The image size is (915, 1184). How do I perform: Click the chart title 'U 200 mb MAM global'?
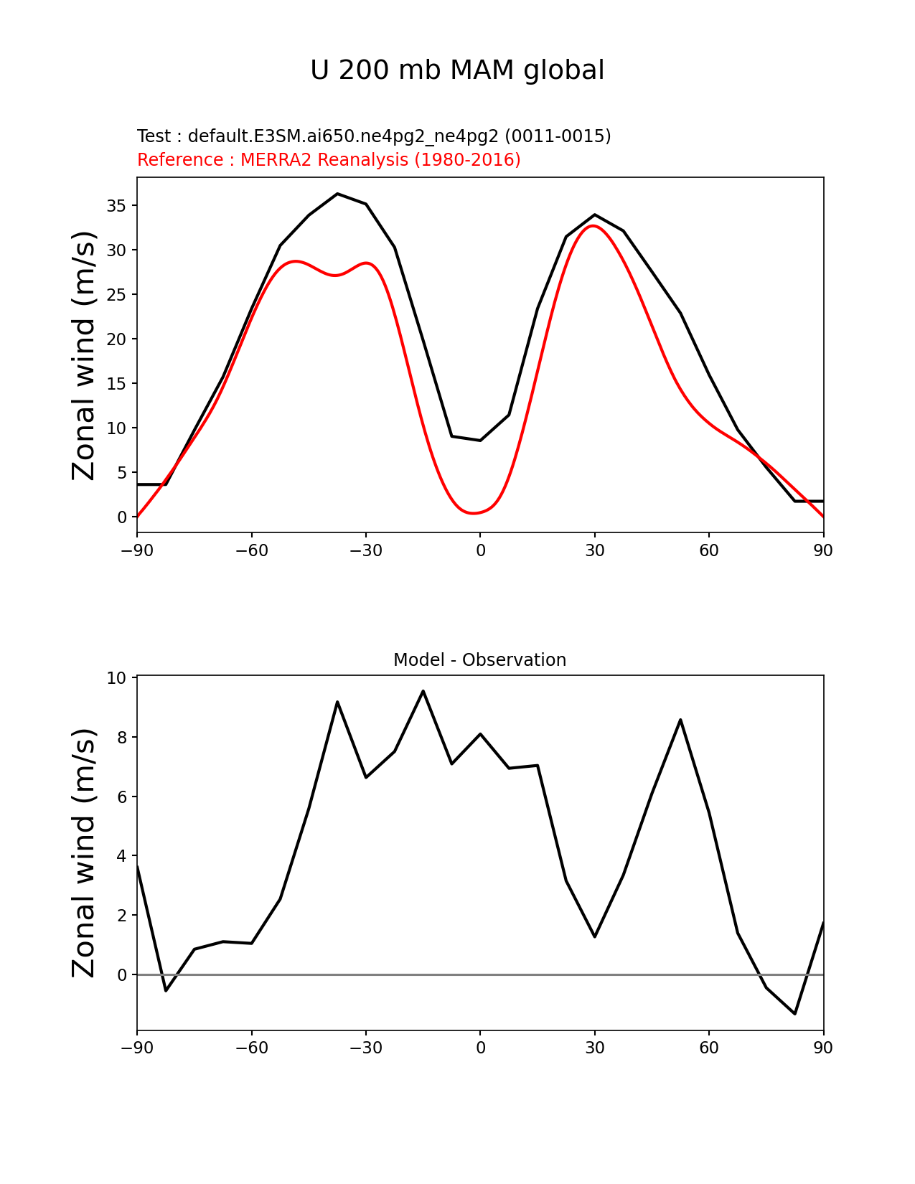[457, 70]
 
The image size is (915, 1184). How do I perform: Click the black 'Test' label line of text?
[374, 136]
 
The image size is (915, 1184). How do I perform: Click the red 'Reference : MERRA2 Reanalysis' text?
[329, 160]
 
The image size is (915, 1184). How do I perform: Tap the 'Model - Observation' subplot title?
[479, 660]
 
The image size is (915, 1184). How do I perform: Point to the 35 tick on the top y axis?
[117, 206]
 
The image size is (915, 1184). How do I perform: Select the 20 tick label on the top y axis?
[117, 339]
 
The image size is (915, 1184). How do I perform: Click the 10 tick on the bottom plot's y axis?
[117, 678]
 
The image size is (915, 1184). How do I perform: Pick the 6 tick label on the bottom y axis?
[121, 797]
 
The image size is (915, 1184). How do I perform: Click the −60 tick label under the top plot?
[251, 550]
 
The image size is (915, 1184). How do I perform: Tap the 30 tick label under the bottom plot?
[594, 1048]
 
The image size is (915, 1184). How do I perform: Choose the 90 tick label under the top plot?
[823, 550]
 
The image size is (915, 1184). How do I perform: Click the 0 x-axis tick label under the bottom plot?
[480, 1048]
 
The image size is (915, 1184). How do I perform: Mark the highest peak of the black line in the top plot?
[337, 194]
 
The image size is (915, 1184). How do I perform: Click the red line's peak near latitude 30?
[593, 226]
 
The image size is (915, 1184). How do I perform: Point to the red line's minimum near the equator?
[474, 513]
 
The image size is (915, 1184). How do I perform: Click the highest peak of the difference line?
[423, 691]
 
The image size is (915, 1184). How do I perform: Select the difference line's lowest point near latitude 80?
[794, 1013]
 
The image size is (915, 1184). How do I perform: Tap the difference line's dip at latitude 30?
[594, 936]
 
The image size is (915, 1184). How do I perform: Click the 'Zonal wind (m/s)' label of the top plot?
[84, 355]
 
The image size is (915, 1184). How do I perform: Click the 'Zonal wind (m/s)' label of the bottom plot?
[84, 852]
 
